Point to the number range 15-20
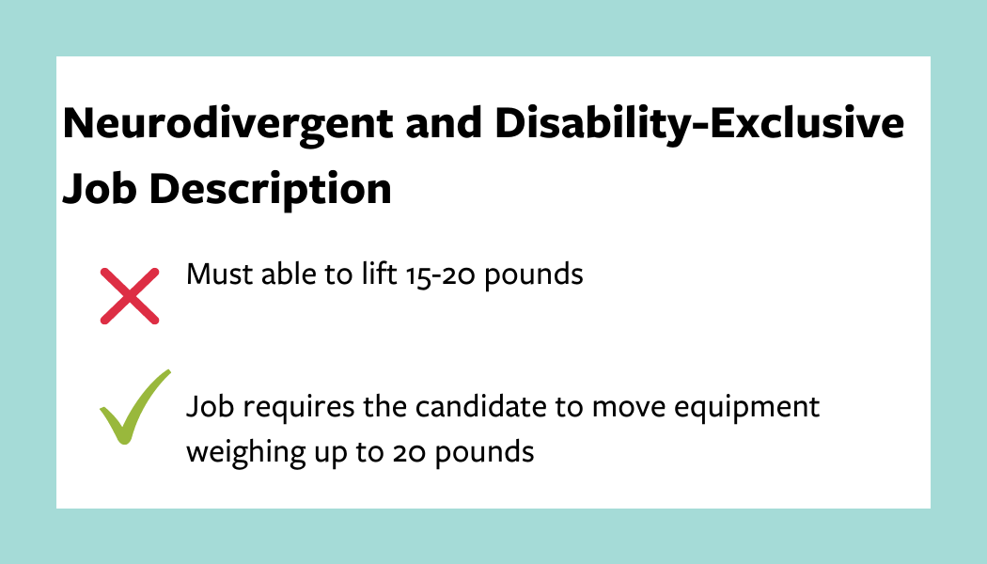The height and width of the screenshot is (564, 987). [440, 274]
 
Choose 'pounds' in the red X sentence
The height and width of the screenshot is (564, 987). [533, 276]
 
